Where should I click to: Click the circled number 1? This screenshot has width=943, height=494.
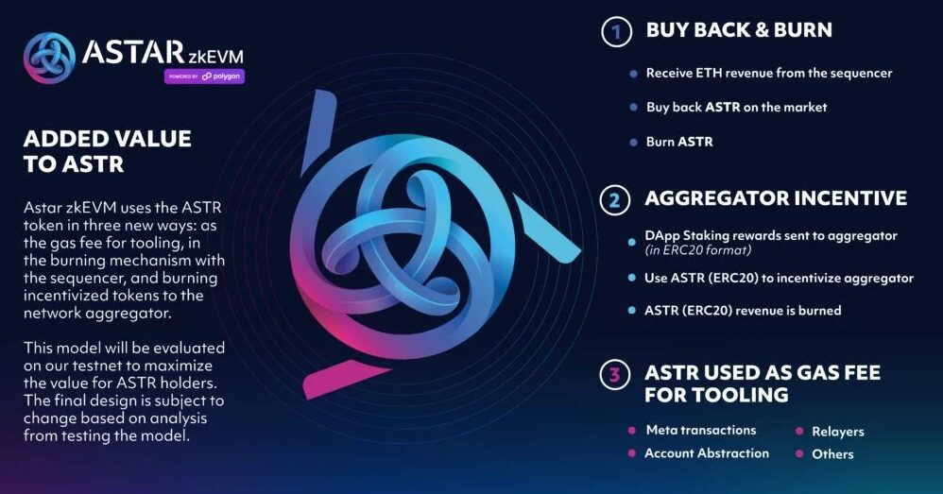(x=616, y=31)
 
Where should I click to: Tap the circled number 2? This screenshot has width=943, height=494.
(x=614, y=200)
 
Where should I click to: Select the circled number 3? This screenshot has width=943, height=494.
(x=614, y=374)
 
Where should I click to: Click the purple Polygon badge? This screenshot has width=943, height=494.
(x=204, y=77)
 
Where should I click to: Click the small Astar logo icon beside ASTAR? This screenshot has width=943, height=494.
(x=49, y=58)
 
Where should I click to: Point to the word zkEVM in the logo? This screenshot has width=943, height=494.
(x=215, y=57)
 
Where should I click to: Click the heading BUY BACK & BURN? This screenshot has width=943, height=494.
(x=739, y=29)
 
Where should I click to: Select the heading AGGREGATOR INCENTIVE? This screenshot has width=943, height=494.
(x=776, y=198)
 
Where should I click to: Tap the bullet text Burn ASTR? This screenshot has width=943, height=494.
(x=679, y=142)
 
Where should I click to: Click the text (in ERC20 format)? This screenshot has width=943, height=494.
(x=697, y=250)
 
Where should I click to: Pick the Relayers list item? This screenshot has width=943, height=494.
(x=838, y=432)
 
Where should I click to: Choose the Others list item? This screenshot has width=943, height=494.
(x=832, y=454)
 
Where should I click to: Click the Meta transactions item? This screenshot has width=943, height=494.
(x=701, y=430)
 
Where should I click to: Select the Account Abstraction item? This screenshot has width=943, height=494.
(x=707, y=453)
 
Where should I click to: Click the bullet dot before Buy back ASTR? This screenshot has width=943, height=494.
(x=633, y=108)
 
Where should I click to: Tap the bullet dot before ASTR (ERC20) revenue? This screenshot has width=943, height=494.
(x=631, y=311)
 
